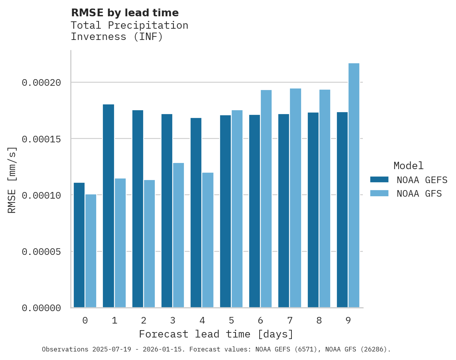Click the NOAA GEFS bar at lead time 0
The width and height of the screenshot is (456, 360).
pos(79,245)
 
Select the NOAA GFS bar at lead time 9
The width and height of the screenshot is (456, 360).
pos(354,185)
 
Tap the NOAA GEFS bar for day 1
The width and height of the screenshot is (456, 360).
pos(108,206)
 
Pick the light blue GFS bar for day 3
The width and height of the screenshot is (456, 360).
pos(179,235)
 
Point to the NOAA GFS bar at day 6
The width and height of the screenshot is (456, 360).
pos(266,199)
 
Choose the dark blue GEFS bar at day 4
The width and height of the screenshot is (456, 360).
pos(196,213)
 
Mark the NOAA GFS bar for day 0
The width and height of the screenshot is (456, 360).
pos(91,251)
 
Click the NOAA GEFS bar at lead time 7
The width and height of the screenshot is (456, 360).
pos(284,211)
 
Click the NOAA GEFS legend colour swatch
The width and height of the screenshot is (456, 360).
pos(379,179)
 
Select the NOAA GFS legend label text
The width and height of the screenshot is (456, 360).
pos(419,193)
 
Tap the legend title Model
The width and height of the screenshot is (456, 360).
pos(408,166)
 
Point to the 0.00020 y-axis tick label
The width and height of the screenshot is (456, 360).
pos(42,83)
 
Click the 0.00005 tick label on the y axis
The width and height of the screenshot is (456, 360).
pos(42,252)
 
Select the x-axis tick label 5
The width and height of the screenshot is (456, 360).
pos(231,321)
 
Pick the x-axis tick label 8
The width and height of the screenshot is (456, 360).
pos(319,321)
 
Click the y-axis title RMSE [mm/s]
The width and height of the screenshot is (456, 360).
pos(12,180)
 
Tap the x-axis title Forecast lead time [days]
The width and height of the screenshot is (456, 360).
pos(216,334)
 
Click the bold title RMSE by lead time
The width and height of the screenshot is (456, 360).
pos(125,13)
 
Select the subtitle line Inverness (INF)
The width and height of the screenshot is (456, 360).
pos(117,37)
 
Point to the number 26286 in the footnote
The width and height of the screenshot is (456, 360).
pos(375,349)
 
